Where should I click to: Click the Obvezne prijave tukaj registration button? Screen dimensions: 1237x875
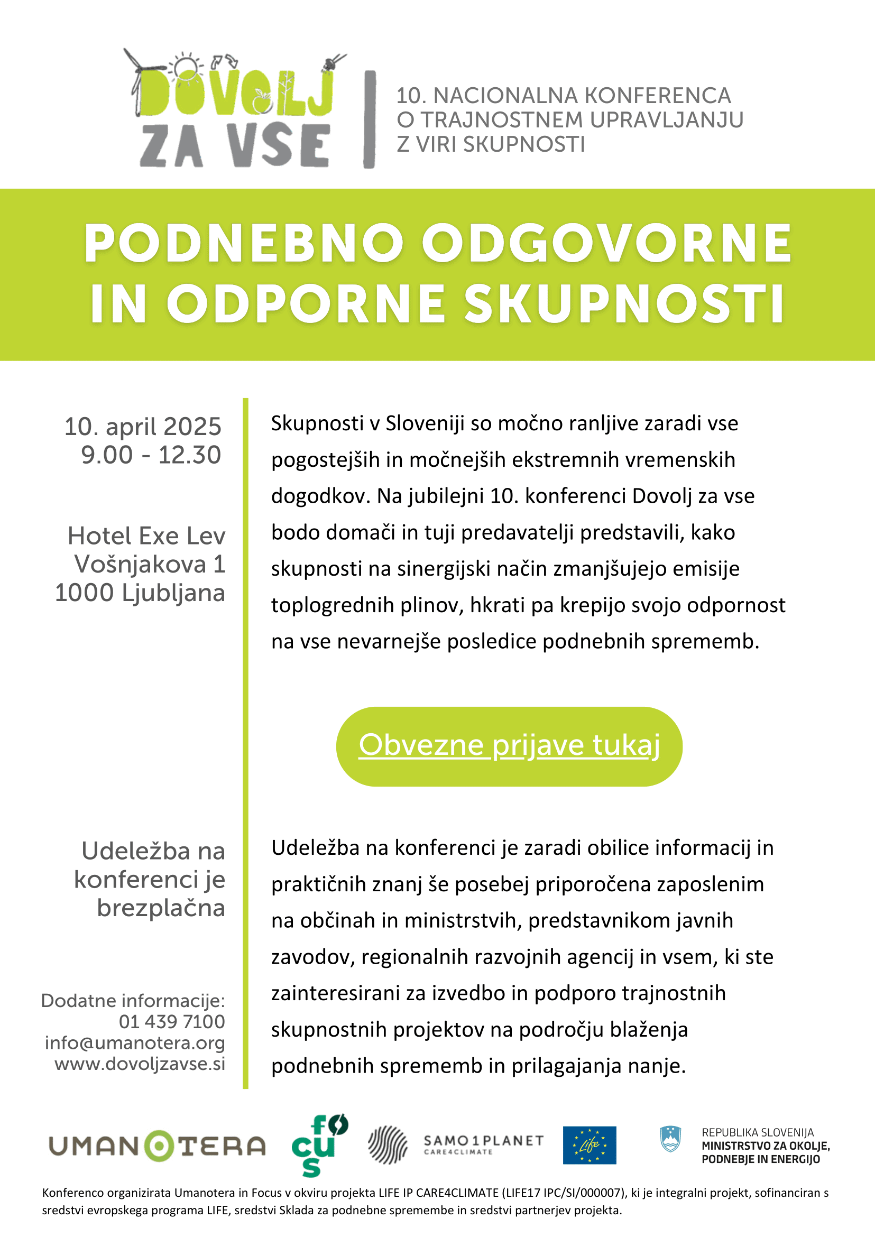pos(509,746)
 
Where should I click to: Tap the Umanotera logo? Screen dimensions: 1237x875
pos(158,1147)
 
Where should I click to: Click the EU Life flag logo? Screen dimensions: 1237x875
pos(590,1146)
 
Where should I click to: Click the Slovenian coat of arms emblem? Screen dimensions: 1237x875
pos(670,1140)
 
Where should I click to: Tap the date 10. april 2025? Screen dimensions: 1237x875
pos(143,427)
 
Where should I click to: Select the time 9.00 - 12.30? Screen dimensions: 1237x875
pos(151,455)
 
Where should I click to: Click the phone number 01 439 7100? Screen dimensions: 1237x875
pos(172,1021)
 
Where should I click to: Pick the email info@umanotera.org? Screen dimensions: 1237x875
pos(135,1042)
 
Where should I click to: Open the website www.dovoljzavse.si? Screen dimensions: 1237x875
pos(140,1064)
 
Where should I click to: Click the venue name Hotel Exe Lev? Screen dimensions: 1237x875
pos(146,536)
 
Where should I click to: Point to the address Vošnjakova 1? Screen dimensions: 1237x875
pos(150,565)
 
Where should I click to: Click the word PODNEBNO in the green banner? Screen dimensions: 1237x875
pos(244,244)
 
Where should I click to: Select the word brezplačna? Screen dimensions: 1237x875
pos(161,908)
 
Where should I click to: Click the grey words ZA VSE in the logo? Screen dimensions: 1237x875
pos(235,145)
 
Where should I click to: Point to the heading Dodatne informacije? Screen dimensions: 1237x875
pos(133,1001)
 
